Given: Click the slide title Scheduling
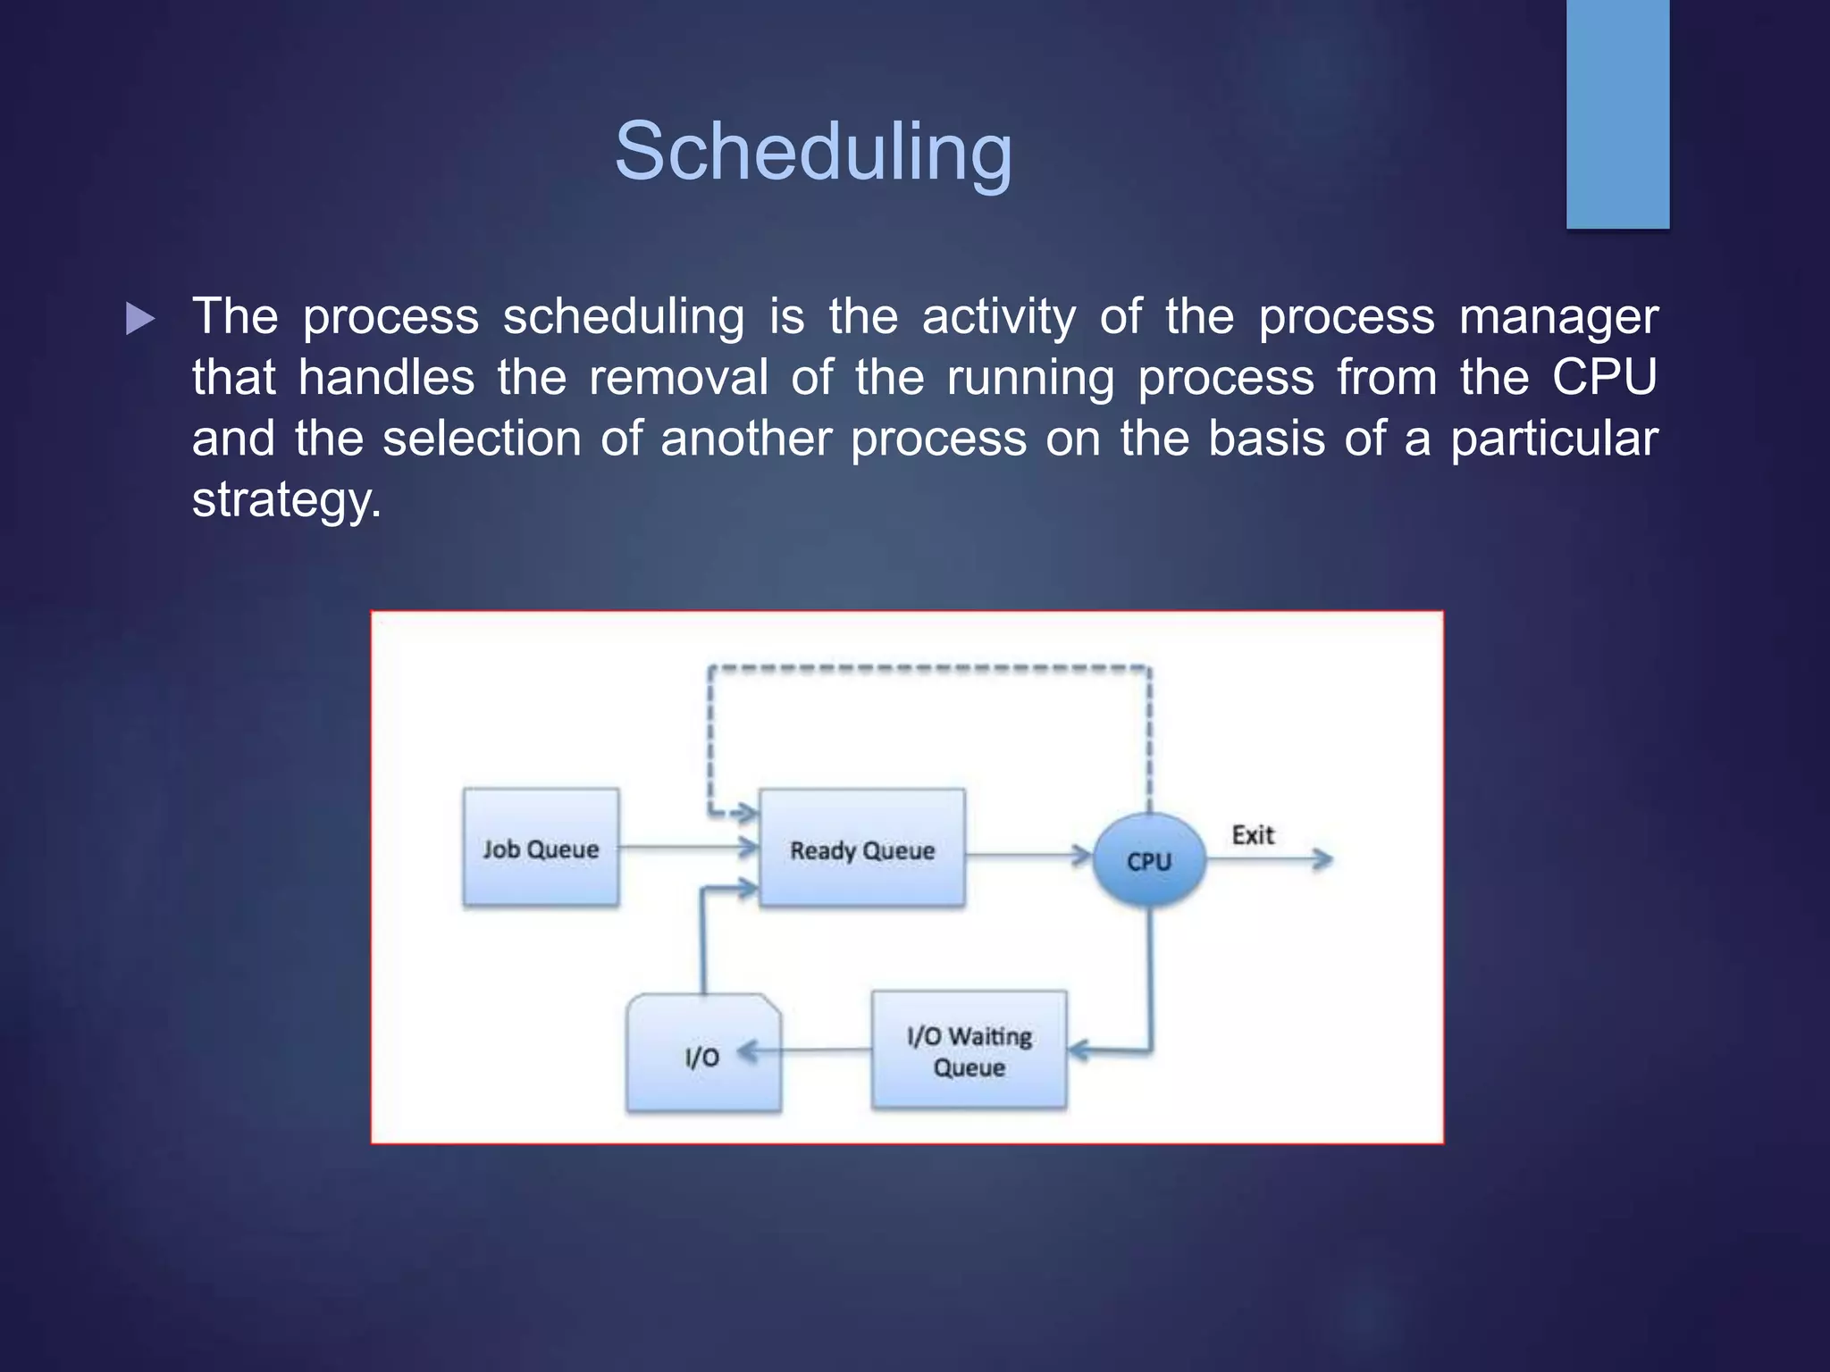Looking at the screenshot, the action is (813, 152).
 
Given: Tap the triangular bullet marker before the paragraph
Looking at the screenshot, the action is (140, 319).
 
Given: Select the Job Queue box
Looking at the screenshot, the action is (541, 848).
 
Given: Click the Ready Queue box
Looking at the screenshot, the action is (861, 849).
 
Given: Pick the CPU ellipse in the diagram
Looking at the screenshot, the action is (1149, 860).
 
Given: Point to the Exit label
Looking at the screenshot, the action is (1253, 835).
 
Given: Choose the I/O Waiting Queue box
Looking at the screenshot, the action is (969, 1050).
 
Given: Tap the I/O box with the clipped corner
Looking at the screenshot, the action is (703, 1054).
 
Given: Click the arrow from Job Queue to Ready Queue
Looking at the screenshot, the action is (688, 847).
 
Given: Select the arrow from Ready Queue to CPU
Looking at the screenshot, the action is (1028, 856).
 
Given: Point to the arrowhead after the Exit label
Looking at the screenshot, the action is (1322, 859).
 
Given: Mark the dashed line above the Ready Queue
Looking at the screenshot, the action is (929, 667).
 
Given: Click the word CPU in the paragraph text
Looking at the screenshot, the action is (1604, 377).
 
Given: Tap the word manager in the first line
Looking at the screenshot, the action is (1558, 317).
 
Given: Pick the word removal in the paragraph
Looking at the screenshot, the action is (678, 377).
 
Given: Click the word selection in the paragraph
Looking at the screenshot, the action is (482, 439).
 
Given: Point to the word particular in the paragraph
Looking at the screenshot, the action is (1554, 439).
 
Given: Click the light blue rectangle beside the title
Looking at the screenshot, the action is (1617, 113).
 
